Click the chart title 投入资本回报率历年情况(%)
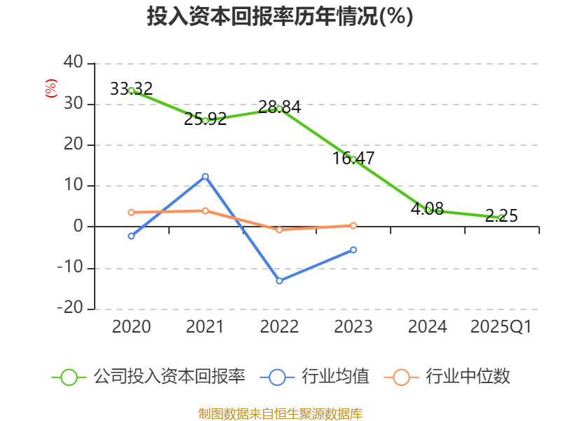(280, 17)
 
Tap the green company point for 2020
(131, 91)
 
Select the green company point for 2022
(279, 109)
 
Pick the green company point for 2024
(428, 210)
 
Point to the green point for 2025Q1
(501, 218)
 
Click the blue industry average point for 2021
(205, 176)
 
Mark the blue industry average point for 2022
(279, 281)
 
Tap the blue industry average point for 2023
(353, 250)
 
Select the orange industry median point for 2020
(131, 212)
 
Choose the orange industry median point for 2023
(353, 225)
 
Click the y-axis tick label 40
(73, 63)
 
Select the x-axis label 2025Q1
(501, 327)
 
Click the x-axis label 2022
(279, 327)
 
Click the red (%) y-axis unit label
(50, 88)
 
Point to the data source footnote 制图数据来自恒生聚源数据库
(280, 413)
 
